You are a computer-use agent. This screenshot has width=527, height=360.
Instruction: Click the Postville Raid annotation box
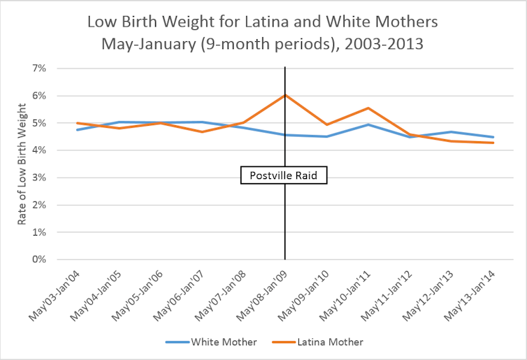tap(284, 175)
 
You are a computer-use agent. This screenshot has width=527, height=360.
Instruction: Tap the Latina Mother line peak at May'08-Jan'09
tap(285, 95)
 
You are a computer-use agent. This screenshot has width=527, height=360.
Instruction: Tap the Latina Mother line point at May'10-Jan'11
tap(368, 108)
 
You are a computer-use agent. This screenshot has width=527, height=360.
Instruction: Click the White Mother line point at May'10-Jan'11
tap(368, 124)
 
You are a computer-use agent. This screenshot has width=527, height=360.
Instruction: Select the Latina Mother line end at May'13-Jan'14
tap(493, 143)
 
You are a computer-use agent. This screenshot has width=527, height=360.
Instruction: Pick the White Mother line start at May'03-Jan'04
tap(77, 129)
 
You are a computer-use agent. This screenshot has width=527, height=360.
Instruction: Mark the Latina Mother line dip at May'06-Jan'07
tap(202, 131)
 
